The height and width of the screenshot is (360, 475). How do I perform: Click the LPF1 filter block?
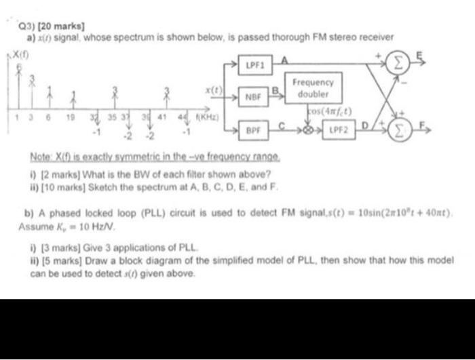pyautogui.click(x=252, y=66)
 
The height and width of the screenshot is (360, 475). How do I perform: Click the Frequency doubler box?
pyautogui.click(x=313, y=88)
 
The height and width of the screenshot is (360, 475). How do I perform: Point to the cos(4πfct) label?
pyautogui.click(x=331, y=112)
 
